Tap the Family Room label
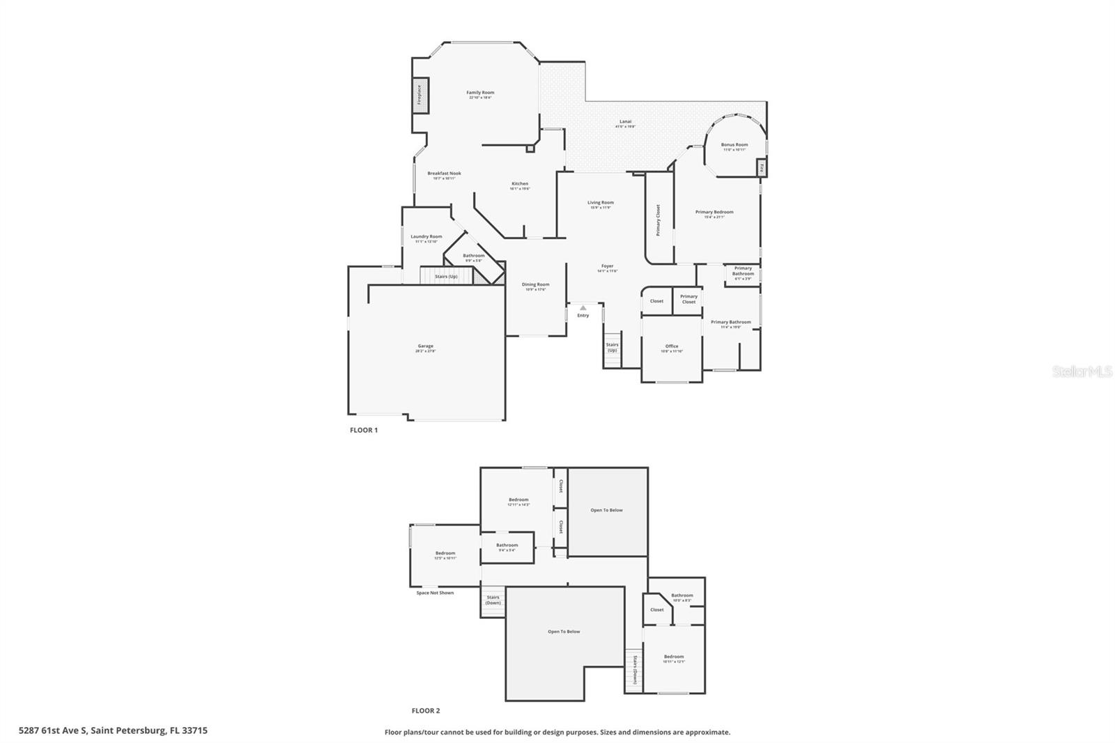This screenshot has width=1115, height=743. click(x=480, y=93)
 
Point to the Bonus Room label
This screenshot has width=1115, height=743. click(x=734, y=145)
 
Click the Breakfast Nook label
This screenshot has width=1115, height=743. click(x=444, y=174)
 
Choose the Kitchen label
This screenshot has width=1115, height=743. click(x=520, y=184)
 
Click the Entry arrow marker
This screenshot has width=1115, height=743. click(x=583, y=307)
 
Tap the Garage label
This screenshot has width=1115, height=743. click(x=425, y=346)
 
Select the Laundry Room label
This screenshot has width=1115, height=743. click(x=426, y=237)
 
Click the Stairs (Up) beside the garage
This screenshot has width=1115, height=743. click(x=446, y=277)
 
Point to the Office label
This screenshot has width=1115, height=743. click(x=671, y=346)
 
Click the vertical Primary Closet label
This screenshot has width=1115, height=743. click(x=658, y=220)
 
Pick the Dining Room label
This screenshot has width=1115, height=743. click(x=535, y=284)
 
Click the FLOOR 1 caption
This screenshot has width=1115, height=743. click(x=363, y=430)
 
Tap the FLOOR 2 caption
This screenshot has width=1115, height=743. click(x=425, y=711)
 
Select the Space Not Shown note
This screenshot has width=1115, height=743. click(x=435, y=593)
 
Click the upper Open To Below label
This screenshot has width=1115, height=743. click(x=606, y=510)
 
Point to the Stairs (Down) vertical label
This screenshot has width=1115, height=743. click(x=635, y=670)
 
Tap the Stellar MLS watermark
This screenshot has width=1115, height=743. click(x=1082, y=372)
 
